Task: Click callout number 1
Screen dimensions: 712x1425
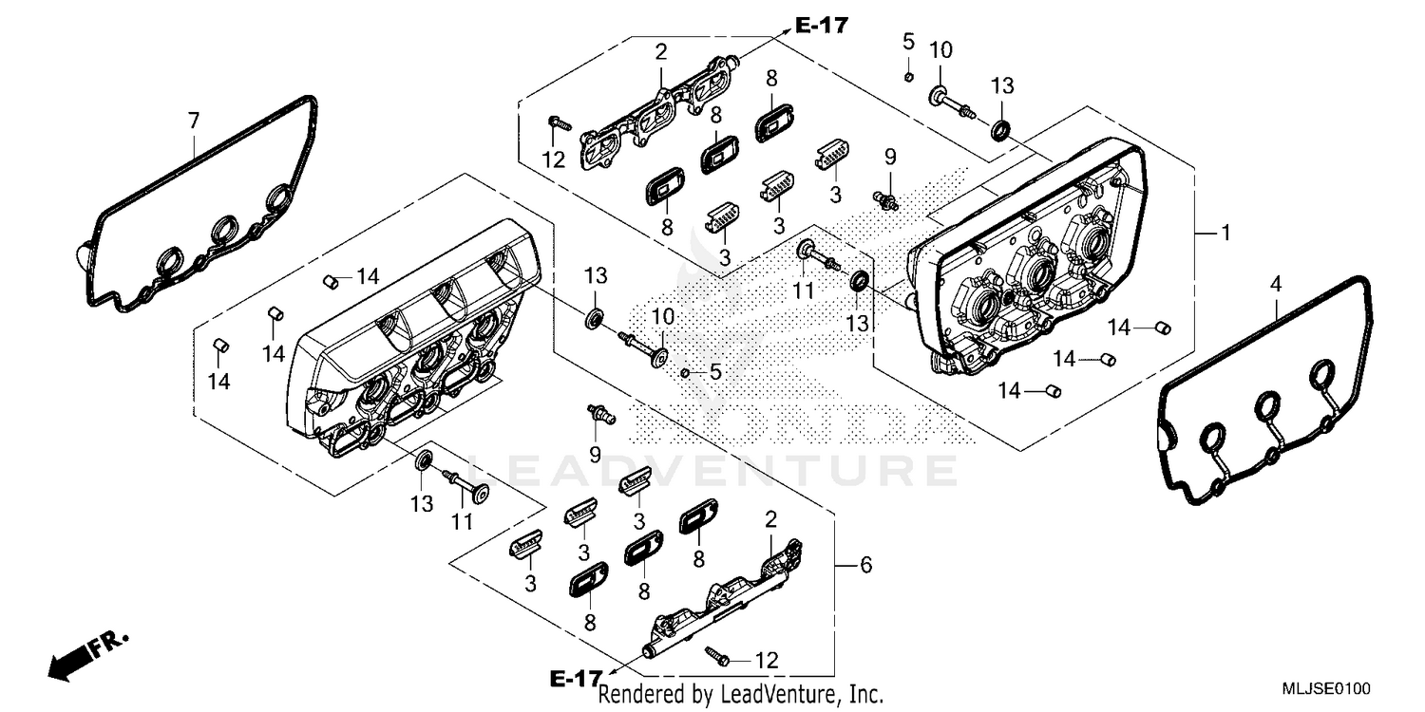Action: pyautogui.click(x=1225, y=233)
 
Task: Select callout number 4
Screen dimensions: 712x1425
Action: pyautogui.click(x=1277, y=284)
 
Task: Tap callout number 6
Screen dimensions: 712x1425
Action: pyautogui.click(x=864, y=566)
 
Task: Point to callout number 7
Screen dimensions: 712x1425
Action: pyautogui.click(x=194, y=121)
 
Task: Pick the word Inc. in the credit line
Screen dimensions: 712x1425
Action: pyautogui.click(x=865, y=695)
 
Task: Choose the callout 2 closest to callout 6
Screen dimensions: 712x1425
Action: pyautogui.click(x=770, y=519)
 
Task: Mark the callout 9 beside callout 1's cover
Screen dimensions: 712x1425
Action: pyautogui.click(x=890, y=156)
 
